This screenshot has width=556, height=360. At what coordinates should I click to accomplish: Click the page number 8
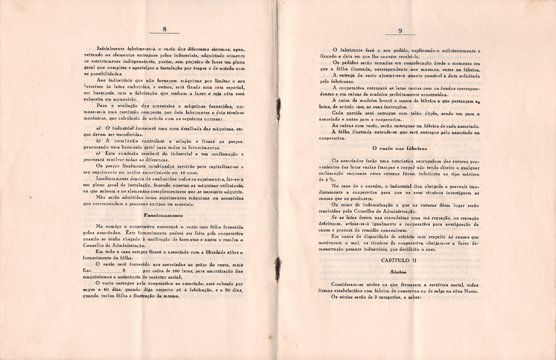[x=165, y=29]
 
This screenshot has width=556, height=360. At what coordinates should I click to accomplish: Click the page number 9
[x=400, y=31]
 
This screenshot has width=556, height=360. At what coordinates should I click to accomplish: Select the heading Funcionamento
[x=163, y=215]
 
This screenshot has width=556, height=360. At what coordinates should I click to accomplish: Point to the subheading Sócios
[x=399, y=272]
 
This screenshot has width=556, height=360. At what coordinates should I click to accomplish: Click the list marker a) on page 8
[x=98, y=128]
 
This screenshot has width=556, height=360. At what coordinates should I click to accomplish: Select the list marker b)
[x=98, y=140]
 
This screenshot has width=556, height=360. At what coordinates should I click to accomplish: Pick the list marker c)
[x=98, y=153]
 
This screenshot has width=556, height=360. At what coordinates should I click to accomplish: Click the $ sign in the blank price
[x=123, y=272]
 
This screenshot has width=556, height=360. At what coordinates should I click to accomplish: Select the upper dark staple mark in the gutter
[x=278, y=104]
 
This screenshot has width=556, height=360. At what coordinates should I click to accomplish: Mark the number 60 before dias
[x=110, y=290]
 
